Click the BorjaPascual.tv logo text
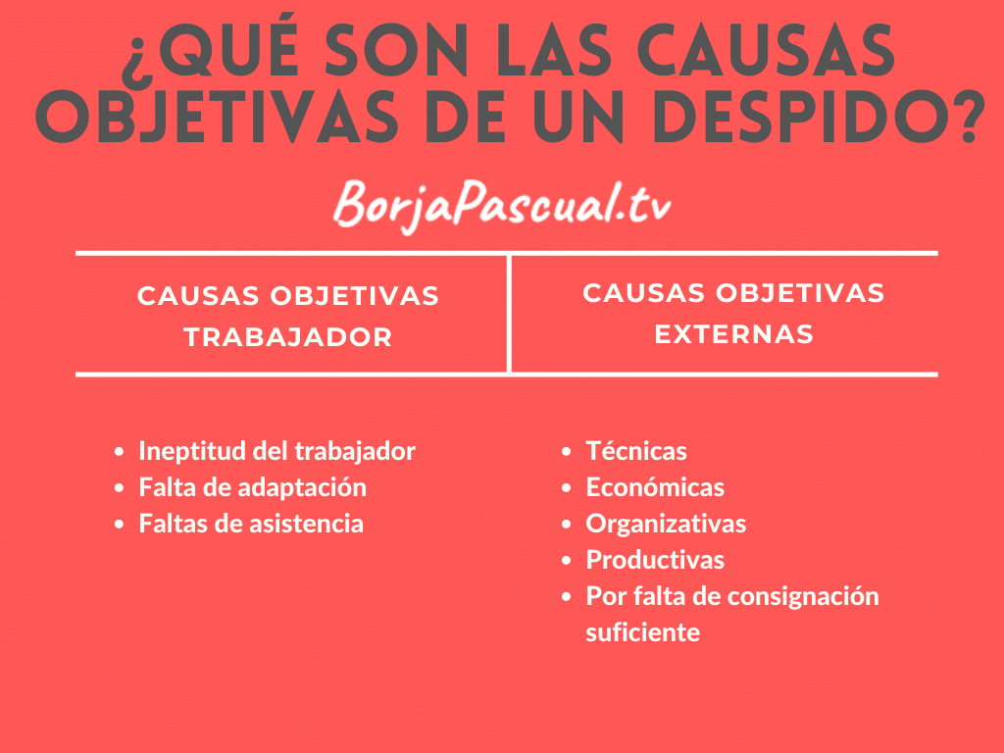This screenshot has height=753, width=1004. point(502,206)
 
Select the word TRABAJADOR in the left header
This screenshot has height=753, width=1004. point(288,337)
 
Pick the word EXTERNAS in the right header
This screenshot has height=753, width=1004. point(733,334)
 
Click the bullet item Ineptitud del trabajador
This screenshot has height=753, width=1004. point(276,451)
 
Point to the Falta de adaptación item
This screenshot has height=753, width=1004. point(252,487)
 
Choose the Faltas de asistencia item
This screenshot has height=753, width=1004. point(251,524)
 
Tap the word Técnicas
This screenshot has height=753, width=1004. point(635,451)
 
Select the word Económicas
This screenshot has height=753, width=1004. point(655,487)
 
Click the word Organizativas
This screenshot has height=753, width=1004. point(666,524)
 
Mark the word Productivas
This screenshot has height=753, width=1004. point(655,560)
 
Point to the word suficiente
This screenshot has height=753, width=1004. point(642,632)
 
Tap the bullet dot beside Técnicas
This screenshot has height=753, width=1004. point(566,451)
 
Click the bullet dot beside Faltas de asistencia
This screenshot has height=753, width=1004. point(119,525)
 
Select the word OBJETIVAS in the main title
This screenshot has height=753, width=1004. point(217,118)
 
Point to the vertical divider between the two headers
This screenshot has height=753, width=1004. point(509,314)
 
